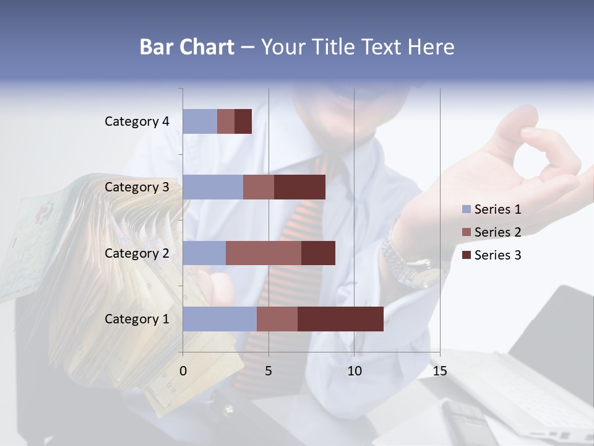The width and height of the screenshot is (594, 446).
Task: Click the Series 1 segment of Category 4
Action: tap(200, 121)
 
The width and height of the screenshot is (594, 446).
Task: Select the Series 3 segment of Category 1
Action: tap(340, 319)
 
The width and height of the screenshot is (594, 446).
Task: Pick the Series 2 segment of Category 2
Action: tap(264, 253)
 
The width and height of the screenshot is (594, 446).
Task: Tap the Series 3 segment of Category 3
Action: tap(299, 187)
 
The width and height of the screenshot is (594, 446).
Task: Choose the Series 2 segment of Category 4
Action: tap(226, 121)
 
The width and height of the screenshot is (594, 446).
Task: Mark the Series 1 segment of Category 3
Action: tap(213, 187)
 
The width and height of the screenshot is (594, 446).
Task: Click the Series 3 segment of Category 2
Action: tap(318, 253)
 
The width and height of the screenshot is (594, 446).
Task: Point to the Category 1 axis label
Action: tap(137, 319)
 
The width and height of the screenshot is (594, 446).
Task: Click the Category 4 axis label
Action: tap(137, 121)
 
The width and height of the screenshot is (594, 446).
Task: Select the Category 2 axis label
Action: tap(137, 253)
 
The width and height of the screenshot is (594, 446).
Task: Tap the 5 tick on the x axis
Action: tap(269, 371)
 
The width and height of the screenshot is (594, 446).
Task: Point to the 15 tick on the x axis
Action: tap(439, 371)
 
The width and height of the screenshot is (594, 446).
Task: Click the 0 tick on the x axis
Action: tap(183, 371)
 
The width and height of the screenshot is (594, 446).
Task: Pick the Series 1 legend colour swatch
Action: tap(467, 209)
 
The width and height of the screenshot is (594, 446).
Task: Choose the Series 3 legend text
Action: tap(497, 255)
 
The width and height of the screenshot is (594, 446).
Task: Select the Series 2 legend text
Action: tap(497, 232)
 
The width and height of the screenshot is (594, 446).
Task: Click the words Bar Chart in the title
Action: tap(187, 47)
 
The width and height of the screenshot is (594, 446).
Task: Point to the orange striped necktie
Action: tap(303, 223)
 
